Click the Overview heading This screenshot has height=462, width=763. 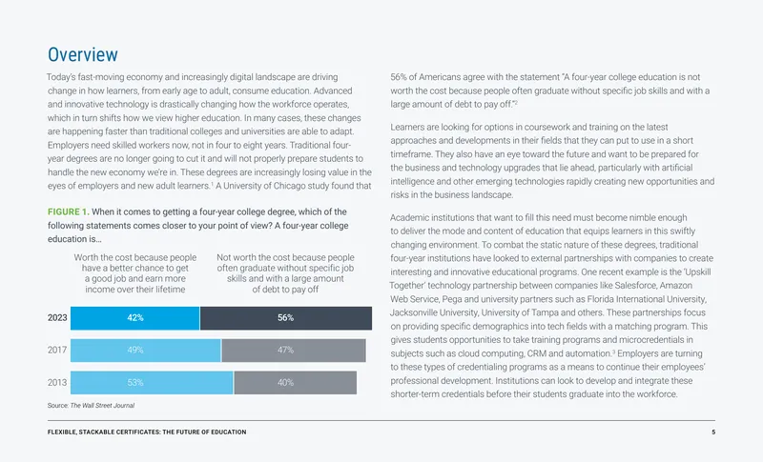83,54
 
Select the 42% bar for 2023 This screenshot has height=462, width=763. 134,318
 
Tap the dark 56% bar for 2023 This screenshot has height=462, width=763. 285,318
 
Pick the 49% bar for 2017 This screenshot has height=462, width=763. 146,351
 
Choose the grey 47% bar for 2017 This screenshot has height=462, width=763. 294,351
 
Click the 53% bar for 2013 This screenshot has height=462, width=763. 152,383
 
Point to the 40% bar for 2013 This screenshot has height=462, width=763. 295,383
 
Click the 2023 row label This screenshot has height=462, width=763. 57,318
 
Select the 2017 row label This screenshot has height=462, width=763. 57,350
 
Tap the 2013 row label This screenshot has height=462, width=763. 57,382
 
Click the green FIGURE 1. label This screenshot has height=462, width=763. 68,211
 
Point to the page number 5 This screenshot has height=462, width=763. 713,432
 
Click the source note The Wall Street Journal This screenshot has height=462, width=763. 102,405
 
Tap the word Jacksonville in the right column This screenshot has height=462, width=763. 410,312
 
